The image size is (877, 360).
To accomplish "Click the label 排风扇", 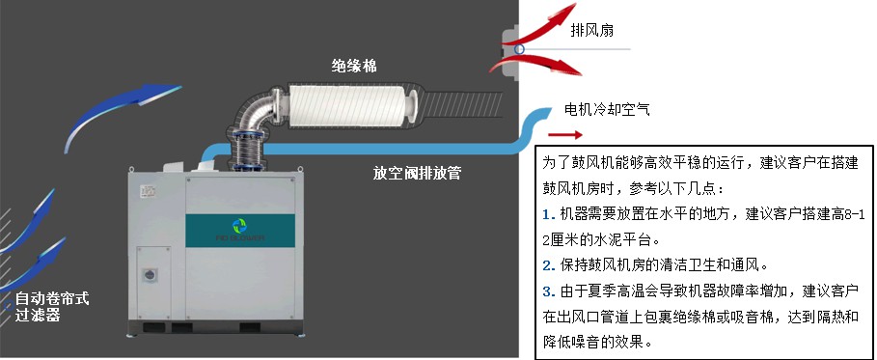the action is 591,30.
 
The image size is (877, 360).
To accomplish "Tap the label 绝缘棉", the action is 354,66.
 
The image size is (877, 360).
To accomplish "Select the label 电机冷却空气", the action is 607,109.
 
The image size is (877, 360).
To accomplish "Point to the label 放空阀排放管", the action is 417,173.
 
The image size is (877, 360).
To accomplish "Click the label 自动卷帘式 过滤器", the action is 51,307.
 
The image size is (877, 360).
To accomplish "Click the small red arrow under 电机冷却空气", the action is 565,134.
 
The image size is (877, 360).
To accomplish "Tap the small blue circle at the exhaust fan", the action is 520,49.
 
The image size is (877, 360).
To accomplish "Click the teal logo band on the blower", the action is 240,231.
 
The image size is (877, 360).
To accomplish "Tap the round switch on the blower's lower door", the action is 150,275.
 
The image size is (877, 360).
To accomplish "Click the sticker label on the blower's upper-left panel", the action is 149,191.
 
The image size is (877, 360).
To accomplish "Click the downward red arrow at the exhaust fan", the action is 537,65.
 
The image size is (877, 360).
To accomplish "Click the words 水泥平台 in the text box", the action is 609,239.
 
